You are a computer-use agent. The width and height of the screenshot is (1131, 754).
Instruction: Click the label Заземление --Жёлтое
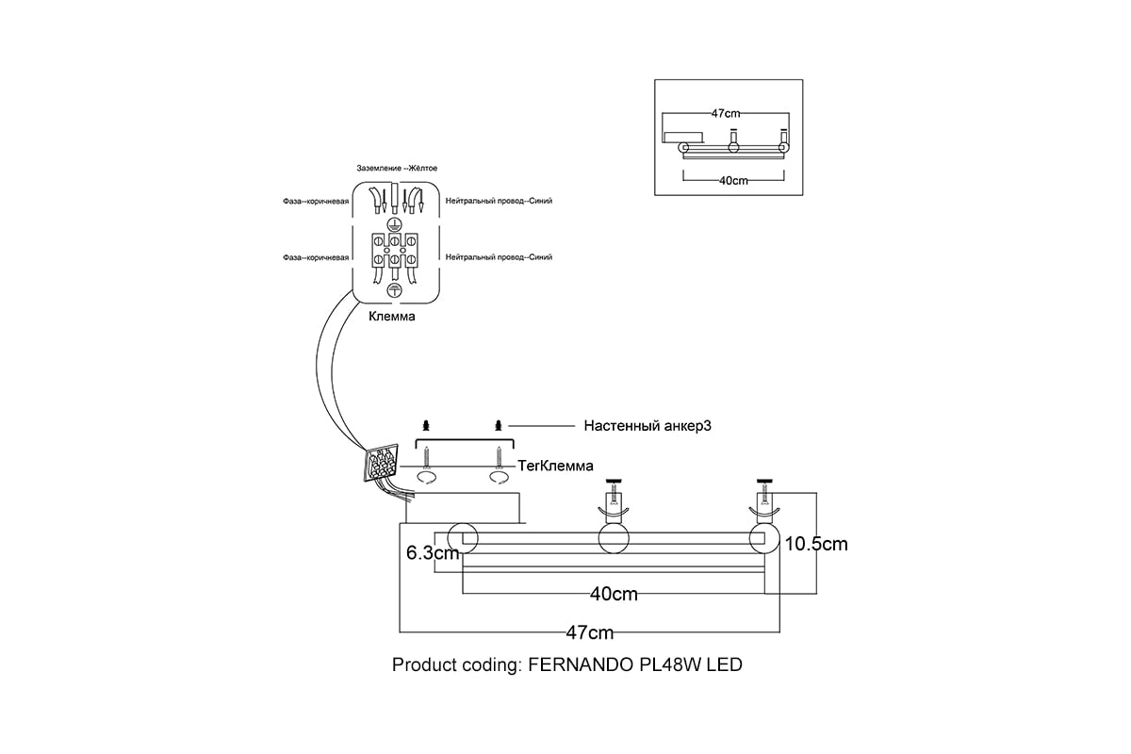396,168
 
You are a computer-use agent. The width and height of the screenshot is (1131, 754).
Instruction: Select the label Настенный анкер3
647,426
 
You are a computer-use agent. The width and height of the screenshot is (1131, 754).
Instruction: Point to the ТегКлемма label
556,466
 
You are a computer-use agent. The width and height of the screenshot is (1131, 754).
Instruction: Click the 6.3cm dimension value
432,553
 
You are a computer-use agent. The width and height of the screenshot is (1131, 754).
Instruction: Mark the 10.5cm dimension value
816,544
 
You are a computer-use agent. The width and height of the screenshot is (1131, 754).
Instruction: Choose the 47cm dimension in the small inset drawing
726,113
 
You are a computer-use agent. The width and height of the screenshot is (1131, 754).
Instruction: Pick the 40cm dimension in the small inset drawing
733,180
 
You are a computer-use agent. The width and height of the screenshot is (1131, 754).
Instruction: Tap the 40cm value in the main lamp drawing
614,594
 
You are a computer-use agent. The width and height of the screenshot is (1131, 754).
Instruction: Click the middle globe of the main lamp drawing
614,539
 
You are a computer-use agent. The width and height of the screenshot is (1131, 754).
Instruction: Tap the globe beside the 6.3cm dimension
463,539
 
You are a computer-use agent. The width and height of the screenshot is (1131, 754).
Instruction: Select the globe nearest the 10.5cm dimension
765,539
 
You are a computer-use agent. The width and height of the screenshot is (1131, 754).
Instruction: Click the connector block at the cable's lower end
383,464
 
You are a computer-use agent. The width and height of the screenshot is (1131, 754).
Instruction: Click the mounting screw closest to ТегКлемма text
499,457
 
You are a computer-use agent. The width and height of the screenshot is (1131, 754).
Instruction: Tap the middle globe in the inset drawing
733,147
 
